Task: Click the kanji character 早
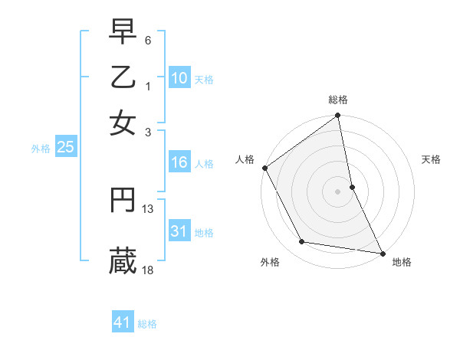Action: (123, 32)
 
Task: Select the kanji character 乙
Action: (123, 78)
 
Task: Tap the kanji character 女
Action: (123, 123)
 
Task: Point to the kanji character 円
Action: (123, 201)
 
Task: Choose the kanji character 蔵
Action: (123, 261)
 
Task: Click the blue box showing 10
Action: (179, 77)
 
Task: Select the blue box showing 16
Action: (179, 162)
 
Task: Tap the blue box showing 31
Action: (179, 231)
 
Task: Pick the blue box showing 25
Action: (65, 147)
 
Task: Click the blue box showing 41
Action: (123, 322)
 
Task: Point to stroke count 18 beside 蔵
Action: (148, 270)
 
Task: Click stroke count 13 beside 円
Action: (148, 208)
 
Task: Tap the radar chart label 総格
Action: (338, 100)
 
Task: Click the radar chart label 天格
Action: (431, 159)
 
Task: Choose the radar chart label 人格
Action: (245, 159)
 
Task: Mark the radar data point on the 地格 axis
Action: (383, 253)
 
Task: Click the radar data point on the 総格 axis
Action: (338, 116)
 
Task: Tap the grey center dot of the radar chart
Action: (338, 191)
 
